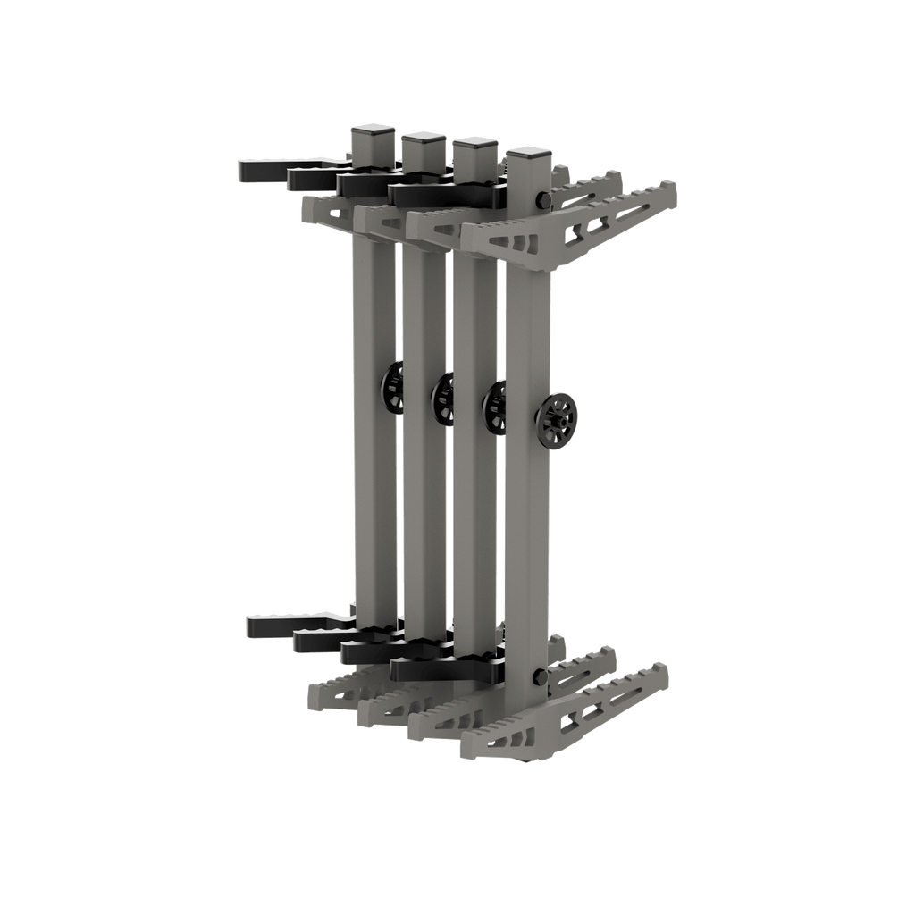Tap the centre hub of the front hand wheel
[559, 416]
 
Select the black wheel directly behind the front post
[494, 407]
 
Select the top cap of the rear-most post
[373, 135]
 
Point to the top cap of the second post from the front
[476, 147]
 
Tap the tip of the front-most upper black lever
[397, 193]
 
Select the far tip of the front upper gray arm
[672, 189]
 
